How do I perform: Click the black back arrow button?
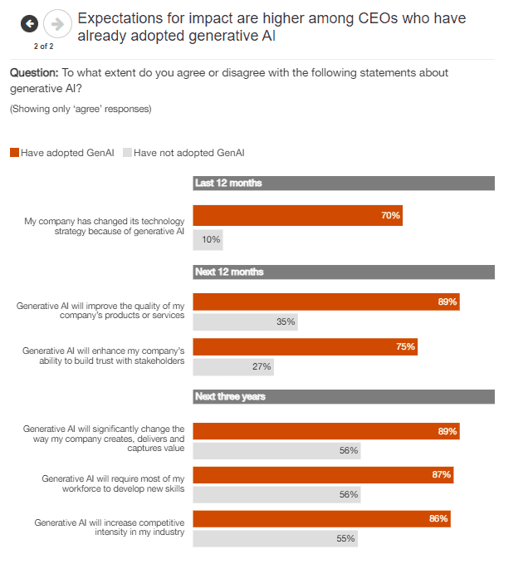pos(30,24)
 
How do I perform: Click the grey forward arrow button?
pos(56,24)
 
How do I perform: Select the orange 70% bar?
pos(297,215)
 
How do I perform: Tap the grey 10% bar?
pos(208,239)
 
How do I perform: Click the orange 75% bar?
pos(305,346)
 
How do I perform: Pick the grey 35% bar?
pos(245,321)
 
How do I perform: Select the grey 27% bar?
pos(233,366)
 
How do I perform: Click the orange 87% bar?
pos(323,474)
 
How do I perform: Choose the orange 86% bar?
pos(322,518)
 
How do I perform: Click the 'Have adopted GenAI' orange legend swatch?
pos(14,153)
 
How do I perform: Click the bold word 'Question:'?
pos(33,73)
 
